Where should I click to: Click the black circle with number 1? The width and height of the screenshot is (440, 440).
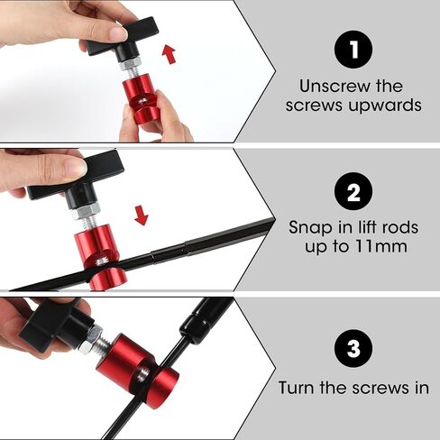[353, 50]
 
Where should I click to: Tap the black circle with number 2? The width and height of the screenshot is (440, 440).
[353, 191]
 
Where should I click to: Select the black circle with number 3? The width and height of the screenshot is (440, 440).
[353, 349]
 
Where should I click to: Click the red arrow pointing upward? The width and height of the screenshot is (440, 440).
[169, 54]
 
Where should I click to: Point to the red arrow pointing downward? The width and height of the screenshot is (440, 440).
[141, 215]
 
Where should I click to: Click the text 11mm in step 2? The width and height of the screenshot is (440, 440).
[380, 247]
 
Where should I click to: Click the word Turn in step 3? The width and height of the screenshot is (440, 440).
[297, 388]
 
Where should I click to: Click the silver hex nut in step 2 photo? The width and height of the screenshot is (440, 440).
[86, 211]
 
